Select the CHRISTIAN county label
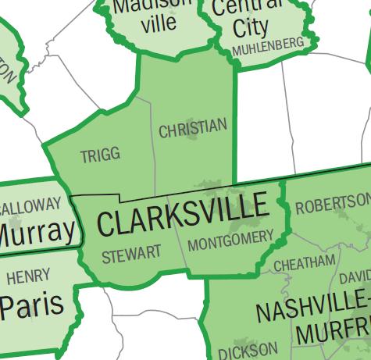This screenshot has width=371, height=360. pos(193,128)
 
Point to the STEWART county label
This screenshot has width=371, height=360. pos(131,254)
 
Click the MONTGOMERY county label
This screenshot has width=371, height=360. pos(230,237)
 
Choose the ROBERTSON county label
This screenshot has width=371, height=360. pos(332,205)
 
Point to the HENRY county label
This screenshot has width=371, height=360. pos(28,276)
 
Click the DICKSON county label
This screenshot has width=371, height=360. pos(247,348)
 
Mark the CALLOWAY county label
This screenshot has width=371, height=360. pos(30,206)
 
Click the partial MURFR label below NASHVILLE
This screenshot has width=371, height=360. pos(332,331)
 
